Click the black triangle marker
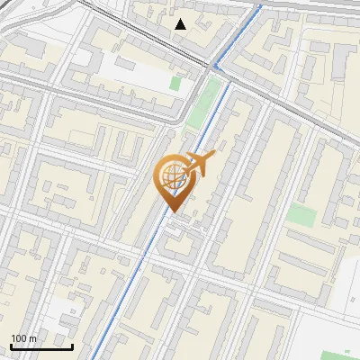[181, 24]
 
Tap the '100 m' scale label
[24, 338]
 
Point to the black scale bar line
[41, 346]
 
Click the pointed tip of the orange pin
[172, 211]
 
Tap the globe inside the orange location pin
[172, 177]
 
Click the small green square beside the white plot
[175, 83]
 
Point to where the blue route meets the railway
[216, 67]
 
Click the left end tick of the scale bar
[11, 345]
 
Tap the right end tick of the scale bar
[72, 345]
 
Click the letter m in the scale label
[33, 339]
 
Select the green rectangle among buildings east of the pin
[301, 214]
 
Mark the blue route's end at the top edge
[260, 3]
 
